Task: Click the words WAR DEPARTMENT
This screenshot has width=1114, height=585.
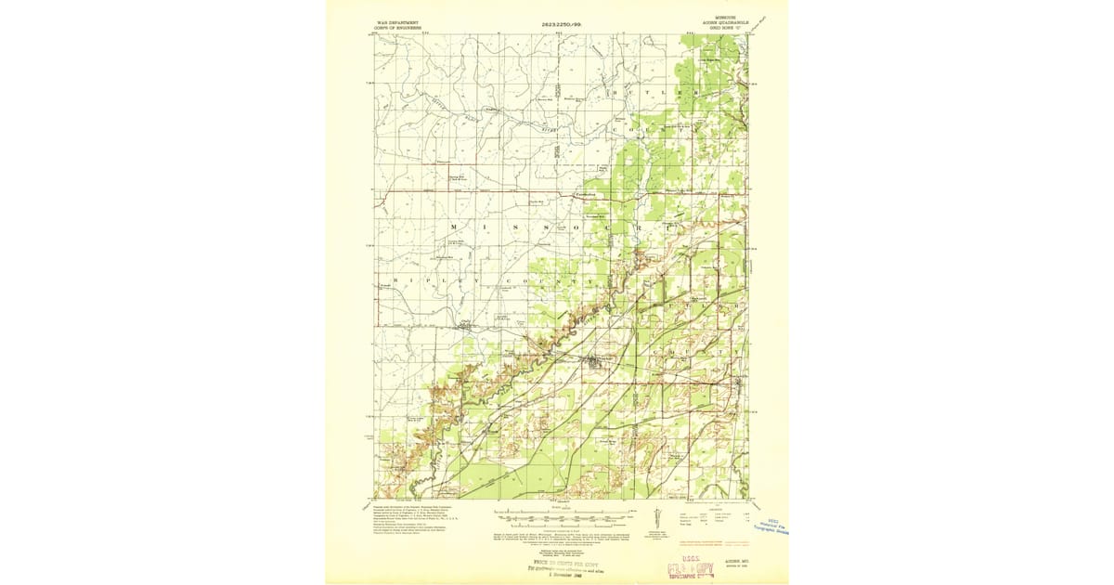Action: pos(397,20)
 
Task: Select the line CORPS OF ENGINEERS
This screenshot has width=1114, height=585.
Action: pos(397,27)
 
